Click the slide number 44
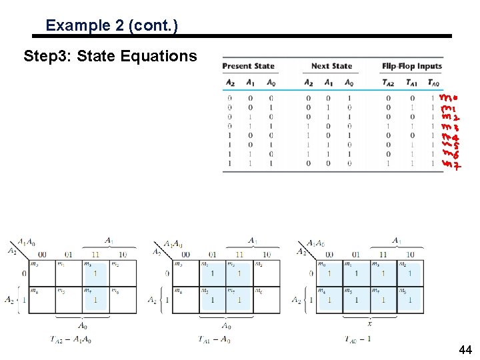pyautogui.click(x=465, y=350)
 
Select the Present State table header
pyautogui.click(x=248, y=66)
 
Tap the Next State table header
pyautogui.click(x=331, y=66)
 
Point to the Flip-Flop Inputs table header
pyautogui.click(x=412, y=66)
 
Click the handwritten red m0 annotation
pyautogui.click(x=448, y=98)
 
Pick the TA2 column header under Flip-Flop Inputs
pyautogui.click(x=388, y=83)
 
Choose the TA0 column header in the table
pyautogui.click(x=433, y=83)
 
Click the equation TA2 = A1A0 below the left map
pyautogui.click(x=71, y=339)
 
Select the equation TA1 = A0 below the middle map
pyautogui.click(x=214, y=339)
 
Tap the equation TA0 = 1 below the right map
pyautogui.click(x=358, y=339)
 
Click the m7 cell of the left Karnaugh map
pyautogui.click(x=95, y=299)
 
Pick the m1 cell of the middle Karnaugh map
pyautogui.click(x=212, y=273)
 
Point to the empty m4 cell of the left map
pyautogui.click(x=41, y=299)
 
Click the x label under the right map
pyautogui.click(x=370, y=324)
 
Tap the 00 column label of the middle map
pyautogui.click(x=185, y=255)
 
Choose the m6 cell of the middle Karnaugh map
pyautogui.click(x=267, y=299)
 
